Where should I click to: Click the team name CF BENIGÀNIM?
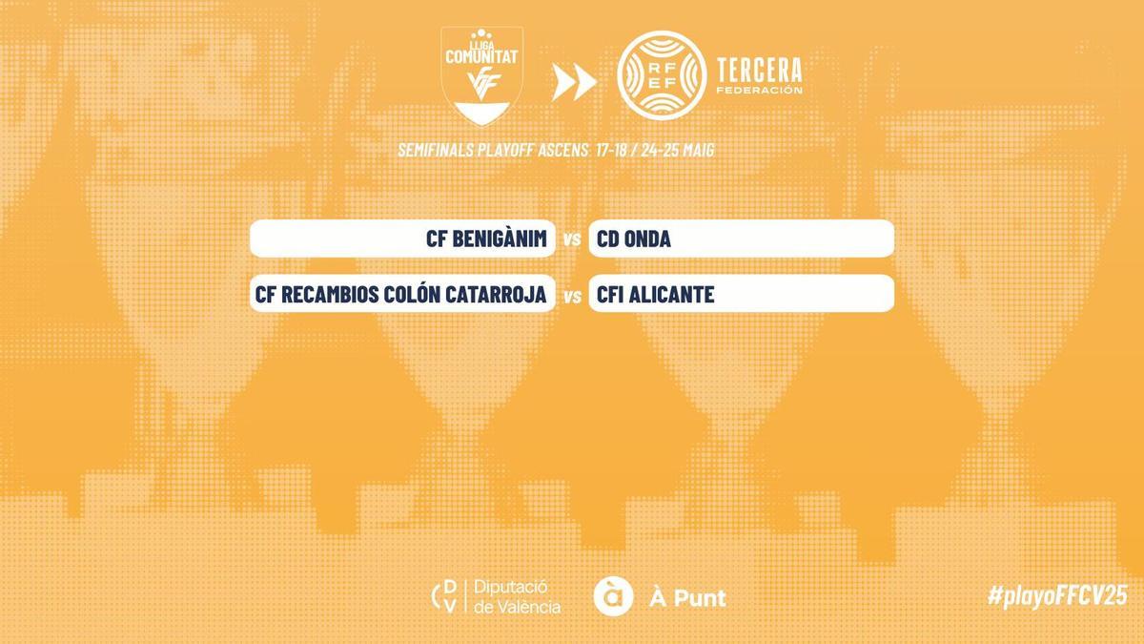[486, 239]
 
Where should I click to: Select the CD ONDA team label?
[634, 239]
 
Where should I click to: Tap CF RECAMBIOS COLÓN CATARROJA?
[400, 295]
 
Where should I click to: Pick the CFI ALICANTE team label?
[656, 295]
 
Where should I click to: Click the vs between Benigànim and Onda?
[572, 240]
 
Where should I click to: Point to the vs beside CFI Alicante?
[572, 296]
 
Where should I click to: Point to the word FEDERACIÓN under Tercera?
[759, 92]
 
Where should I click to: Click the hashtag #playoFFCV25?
[1057, 595]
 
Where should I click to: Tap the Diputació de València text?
[518, 597]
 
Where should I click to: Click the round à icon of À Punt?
[613, 596]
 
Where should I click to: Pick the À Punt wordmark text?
[687, 598]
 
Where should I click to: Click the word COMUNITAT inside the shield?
[481, 57]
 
